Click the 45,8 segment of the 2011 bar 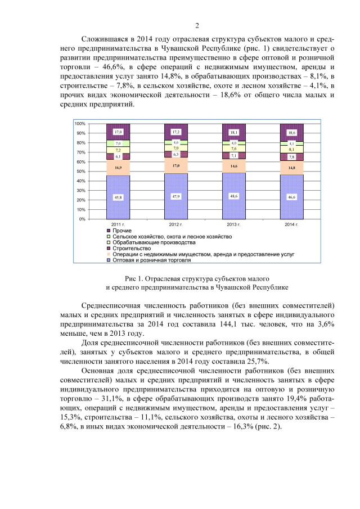click(x=118, y=197)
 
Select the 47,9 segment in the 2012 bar click(x=176, y=196)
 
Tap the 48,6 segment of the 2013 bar click(x=234, y=195)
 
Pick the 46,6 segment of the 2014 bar click(x=291, y=197)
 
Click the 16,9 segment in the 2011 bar click(x=118, y=168)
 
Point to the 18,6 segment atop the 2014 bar click(x=291, y=132)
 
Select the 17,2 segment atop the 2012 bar click(x=176, y=132)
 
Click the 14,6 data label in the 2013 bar click(x=234, y=166)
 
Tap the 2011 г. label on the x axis click(x=118, y=224)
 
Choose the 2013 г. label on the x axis click(x=234, y=224)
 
